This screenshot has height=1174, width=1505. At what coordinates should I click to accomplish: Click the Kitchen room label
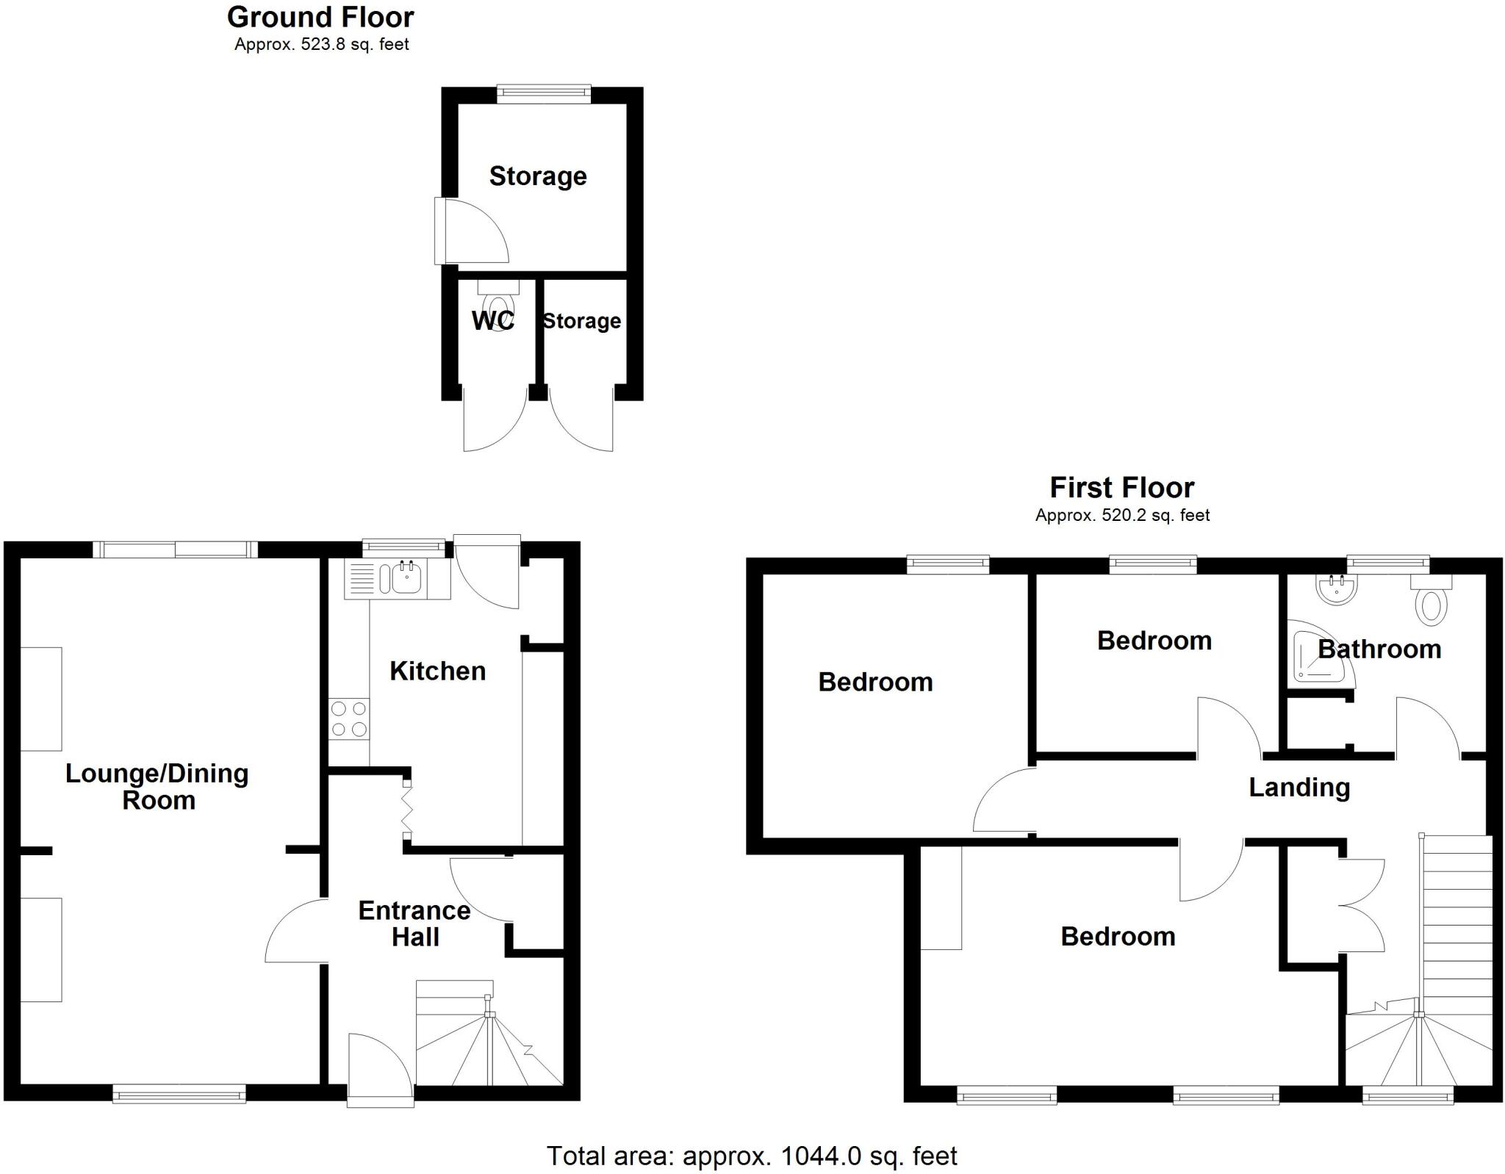click(437, 671)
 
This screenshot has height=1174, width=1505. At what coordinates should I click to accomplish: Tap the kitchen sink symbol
click(406, 577)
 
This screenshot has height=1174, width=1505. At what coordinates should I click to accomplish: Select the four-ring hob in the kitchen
click(349, 719)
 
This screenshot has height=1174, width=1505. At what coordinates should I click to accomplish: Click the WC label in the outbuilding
click(492, 321)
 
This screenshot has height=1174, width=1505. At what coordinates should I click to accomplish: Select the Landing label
click(1299, 788)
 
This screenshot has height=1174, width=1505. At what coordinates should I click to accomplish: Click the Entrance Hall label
click(414, 923)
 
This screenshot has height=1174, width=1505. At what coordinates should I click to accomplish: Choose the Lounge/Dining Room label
click(157, 786)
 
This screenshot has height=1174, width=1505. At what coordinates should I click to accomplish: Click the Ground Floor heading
click(320, 17)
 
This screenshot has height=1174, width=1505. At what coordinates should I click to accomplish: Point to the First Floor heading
click(1121, 488)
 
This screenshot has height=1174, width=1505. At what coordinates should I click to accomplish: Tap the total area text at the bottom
click(751, 1156)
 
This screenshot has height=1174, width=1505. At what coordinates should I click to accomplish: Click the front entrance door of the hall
click(381, 1070)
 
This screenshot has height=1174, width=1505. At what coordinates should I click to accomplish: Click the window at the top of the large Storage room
click(543, 93)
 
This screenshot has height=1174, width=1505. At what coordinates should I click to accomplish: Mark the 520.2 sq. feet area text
click(1121, 516)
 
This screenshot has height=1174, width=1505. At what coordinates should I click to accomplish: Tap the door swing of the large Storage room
click(474, 231)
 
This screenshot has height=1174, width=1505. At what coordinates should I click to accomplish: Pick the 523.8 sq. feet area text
click(321, 45)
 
